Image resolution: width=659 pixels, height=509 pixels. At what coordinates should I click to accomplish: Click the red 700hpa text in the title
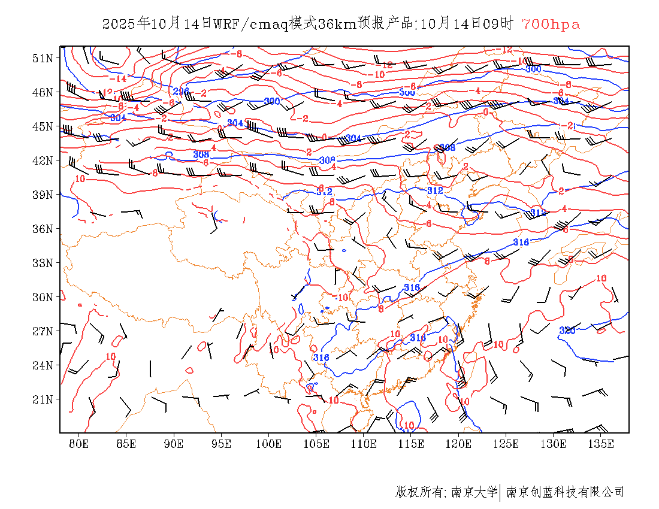pyautogui.click(x=551, y=25)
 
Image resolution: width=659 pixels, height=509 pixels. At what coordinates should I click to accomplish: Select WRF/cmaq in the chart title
pyautogui.click(x=250, y=25)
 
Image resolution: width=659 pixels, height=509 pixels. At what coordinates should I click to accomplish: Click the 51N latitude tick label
pyautogui.click(x=43, y=58)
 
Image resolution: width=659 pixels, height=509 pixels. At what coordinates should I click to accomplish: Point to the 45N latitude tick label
pyautogui.click(x=43, y=126)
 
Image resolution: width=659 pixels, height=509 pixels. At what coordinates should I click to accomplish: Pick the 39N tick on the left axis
pyautogui.click(x=43, y=195)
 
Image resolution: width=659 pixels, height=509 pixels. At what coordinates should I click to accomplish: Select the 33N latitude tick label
pyautogui.click(x=43, y=263)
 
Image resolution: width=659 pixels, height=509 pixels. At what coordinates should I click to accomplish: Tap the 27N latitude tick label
pyautogui.click(x=43, y=331)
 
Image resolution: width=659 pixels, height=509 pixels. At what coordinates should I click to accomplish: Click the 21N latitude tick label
pyautogui.click(x=43, y=399)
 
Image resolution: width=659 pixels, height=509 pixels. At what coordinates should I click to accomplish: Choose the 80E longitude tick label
pyautogui.click(x=79, y=444)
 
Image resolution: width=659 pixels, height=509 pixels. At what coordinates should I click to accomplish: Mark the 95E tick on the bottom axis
pyautogui.click(x=222, y=444)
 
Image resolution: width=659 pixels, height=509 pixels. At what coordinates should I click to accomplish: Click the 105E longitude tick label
pyautogui.click(x=316, y=444)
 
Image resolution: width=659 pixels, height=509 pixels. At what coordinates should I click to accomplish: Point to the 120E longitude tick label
pyautogui.click(x=459, y=444)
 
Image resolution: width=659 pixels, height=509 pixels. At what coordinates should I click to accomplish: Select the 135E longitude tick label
pyautogui.click(x=601, y=444)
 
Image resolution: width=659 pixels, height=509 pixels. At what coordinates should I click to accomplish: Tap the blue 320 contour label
pyautogui.click(x=567, y=331)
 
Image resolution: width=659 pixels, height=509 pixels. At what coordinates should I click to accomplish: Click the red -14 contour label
pyautogui.click(x=118, y=78)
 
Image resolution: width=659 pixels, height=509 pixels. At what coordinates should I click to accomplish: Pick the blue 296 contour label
pyautogui.click(x=181, y=91)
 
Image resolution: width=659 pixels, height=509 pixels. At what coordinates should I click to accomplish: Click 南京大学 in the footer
pyautogui.click(x=474, y=492)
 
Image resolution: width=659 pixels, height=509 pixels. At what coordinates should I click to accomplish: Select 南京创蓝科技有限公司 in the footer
pyautogui.click(x=566, y=492)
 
